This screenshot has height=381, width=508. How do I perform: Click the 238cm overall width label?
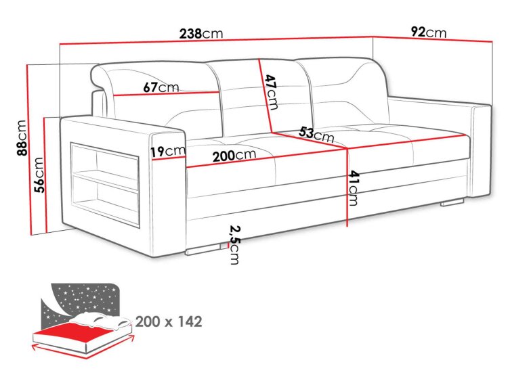coord(201,33)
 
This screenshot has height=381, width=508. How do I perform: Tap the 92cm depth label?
coord(428,32)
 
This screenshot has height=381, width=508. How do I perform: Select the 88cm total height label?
coord(22,138)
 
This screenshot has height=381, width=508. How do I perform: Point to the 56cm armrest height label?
coord(39,175)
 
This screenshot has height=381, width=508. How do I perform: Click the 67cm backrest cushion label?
coord(161,87)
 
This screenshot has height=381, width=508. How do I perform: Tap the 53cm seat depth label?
coord(316,134)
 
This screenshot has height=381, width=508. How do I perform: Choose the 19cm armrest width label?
coord(168,151)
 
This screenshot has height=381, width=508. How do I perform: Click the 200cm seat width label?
coord(234,156)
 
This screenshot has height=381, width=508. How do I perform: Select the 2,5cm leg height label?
coord(234,245)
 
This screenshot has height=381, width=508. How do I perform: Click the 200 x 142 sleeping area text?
coord(169,321)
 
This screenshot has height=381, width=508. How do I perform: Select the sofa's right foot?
coord(452,202)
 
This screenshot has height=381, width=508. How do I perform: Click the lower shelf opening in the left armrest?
coord(106,201)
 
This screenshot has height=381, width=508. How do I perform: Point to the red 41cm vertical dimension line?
coord(347,187)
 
